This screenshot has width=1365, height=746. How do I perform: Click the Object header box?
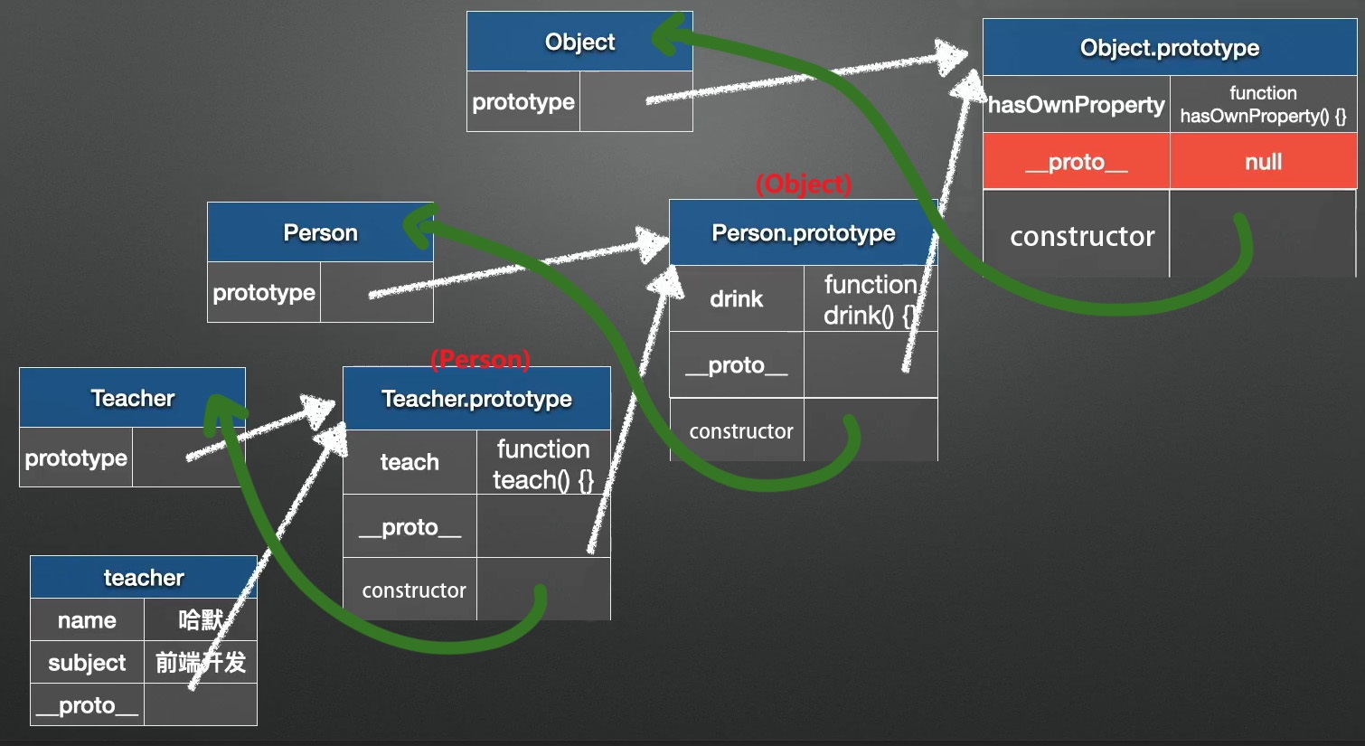coord(579,42)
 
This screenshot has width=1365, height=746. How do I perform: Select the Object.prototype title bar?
coord(1169,48)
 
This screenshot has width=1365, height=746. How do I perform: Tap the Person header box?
coord(320,232)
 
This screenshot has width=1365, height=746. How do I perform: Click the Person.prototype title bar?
coord(803,232)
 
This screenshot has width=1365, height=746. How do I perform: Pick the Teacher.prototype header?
coord(476,399)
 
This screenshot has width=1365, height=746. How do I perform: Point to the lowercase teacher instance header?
coord(144,577)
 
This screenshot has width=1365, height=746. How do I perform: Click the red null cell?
coord(1263,162)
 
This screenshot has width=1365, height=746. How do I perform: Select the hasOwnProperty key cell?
coord(1076,105)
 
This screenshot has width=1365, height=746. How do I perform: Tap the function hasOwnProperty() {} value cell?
coord(1263,105)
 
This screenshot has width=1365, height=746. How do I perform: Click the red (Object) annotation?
coord(804,184)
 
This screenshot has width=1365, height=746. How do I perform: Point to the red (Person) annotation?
coord(480,359)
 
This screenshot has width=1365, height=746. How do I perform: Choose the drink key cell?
coord(736,298)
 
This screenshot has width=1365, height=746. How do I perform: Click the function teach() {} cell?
coord(542,464)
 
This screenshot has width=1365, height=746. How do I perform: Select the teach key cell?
coord(409,462)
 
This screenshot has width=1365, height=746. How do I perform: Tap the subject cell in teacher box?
coord(87,663)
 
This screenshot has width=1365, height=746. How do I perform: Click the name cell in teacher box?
coord(87,620)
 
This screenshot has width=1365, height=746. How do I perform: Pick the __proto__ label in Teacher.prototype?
coord(409,527)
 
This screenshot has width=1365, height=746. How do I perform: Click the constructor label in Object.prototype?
coord(1082,237)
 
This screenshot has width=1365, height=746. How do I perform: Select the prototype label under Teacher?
coord(76,458)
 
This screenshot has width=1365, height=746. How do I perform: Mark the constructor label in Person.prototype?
coord(740,431)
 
